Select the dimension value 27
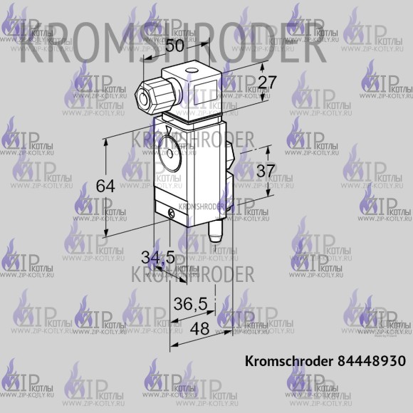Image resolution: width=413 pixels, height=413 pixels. point(266,83)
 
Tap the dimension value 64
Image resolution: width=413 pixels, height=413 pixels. point(105,186)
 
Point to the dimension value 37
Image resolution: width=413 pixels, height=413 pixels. point(265,172)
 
